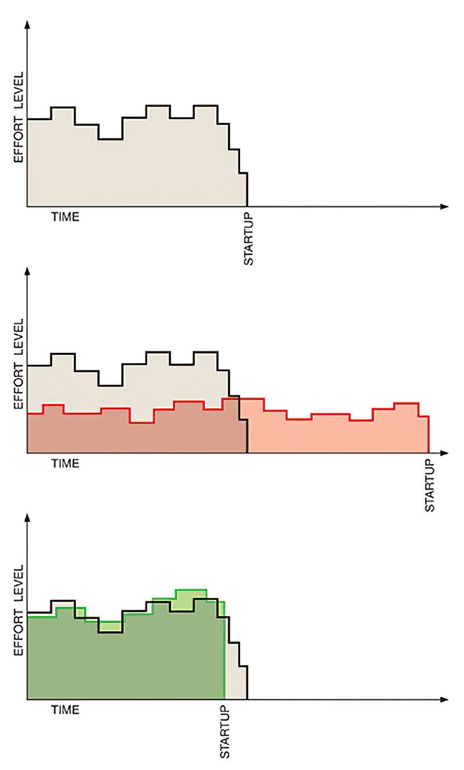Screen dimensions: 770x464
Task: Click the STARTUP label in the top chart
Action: pyautogui.click(x=248, y=240)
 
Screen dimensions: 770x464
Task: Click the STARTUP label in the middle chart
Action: pyautogui.click(x=430, y=485)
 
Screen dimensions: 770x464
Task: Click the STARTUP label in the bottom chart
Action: pyautogui.click(x=224, y=732)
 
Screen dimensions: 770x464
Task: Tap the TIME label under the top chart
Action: pyautogui.click(x=65, y=218)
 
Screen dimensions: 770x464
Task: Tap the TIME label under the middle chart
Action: pyautogui.click(x=65, y=464)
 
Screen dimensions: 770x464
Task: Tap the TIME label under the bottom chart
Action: pyautogui.click(x=65, y=710)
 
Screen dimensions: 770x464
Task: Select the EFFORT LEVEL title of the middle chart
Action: pyautogui.click(x=18, y=364)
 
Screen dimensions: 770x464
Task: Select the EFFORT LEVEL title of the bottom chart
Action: pyautogui.click(x=18, y=610)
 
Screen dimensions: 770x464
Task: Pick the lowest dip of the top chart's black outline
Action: pyautogui.click(x=110, y=139)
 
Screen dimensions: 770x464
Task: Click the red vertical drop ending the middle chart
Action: pyautogui.click(x=429, y=434)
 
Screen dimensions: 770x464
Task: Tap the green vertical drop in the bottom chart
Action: pyautogui.click(x=224, y=650)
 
